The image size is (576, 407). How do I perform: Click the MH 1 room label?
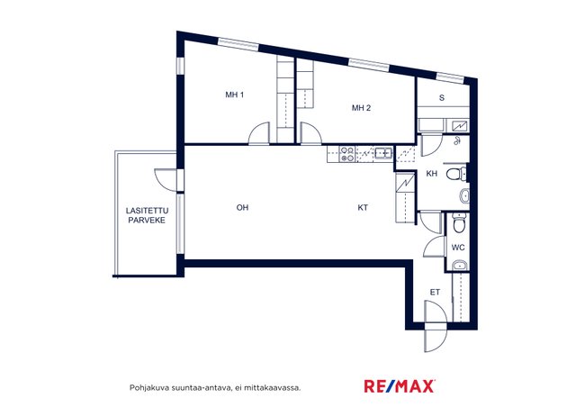pos(234,95)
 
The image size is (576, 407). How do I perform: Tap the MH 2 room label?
pos(361,108)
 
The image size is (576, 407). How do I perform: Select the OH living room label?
pos(242,208)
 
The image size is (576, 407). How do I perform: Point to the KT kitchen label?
pos(363,208)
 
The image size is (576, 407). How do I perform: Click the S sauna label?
pos(442,98)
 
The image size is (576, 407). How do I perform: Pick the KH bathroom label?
pos(432,174)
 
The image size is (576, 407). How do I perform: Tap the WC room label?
pos(458,248)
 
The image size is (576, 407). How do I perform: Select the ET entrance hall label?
pos(435,293)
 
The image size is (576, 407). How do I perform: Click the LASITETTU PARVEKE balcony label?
pos(147,215)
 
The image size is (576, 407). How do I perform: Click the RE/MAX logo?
pos(400,386)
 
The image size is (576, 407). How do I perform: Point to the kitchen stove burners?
pos(347,154)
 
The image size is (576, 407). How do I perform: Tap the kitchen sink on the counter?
pos(383,152)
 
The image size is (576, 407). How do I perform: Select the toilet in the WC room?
pos(459,222)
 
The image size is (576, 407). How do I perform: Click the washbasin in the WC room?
pos(460,266)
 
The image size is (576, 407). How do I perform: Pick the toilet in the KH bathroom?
pos(456,174)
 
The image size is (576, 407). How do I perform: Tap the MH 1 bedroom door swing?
pos(258,133)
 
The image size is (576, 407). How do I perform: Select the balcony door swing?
pos(166,180)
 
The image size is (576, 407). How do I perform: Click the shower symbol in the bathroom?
pos(457,140)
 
